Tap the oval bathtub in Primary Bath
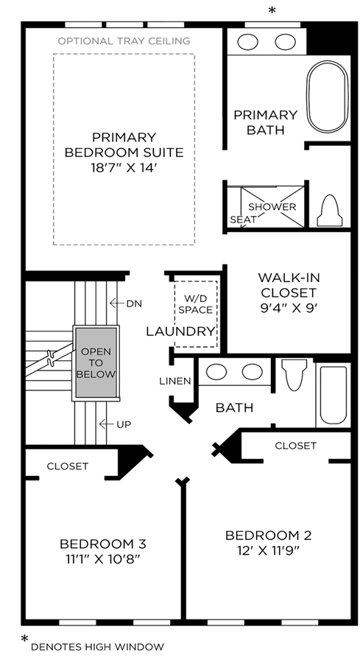328,97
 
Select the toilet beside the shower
330,211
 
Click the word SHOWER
272,207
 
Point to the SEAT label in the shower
243,220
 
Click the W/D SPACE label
195,304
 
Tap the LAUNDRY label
180,331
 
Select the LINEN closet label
175,381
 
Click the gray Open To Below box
96,362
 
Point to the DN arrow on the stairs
115,304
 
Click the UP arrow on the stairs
105,424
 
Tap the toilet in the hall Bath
294,374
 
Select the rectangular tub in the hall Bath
333,396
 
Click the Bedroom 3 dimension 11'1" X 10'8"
102,559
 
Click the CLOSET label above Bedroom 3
68,466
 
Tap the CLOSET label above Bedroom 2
295,445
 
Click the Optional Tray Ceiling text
124,41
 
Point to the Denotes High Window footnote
97,647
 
